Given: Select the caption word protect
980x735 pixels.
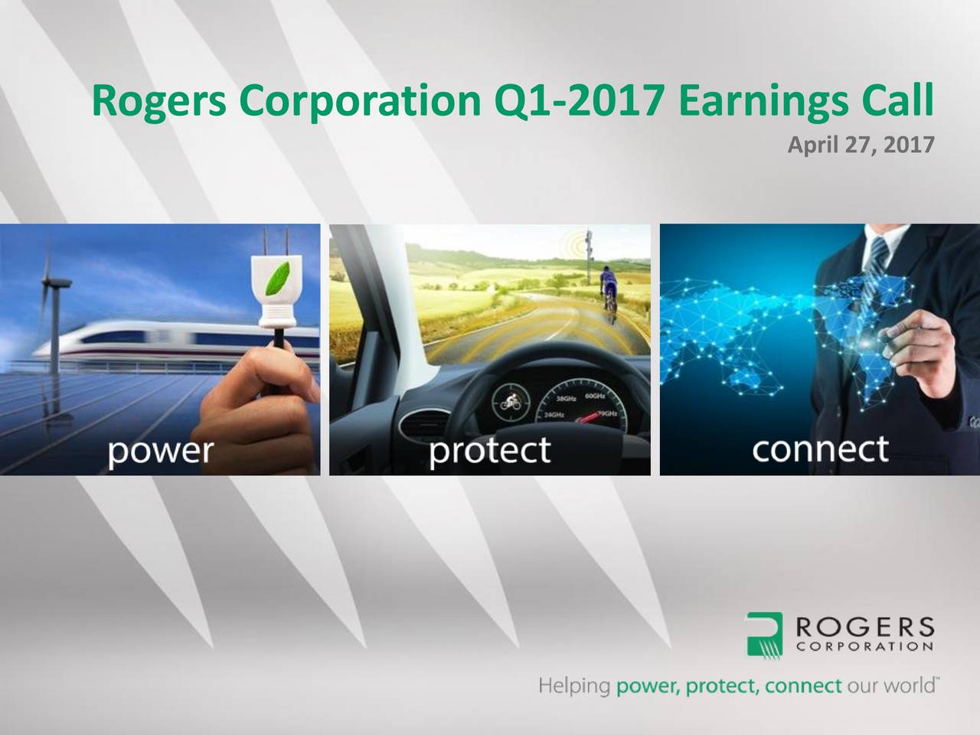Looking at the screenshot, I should click(x=489, y=450).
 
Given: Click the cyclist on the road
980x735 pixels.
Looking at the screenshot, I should click(x=609, y=287).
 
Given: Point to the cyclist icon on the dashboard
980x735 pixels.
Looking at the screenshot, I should click(x=508, y=401).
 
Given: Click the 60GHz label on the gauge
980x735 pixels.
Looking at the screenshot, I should click(x=595, y=395).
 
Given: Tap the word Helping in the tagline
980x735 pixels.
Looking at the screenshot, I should click(x=573, y=684).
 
